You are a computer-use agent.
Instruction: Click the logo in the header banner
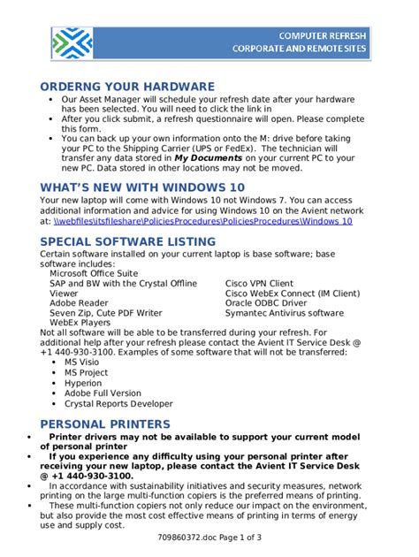tap(72, 42)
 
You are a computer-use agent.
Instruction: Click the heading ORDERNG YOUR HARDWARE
tap(127, 87)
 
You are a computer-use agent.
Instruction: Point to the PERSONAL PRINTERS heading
tap(105, 424)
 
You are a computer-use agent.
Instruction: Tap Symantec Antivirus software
tap(284, 313)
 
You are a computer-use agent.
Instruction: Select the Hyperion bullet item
tap(83, 383)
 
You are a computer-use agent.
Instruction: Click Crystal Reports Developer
tap(118, 403)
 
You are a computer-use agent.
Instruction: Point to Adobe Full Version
tap(103, 393)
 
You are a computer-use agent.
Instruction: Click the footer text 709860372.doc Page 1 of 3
tap(209, 537)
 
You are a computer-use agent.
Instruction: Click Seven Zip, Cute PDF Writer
tap(105, 313)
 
